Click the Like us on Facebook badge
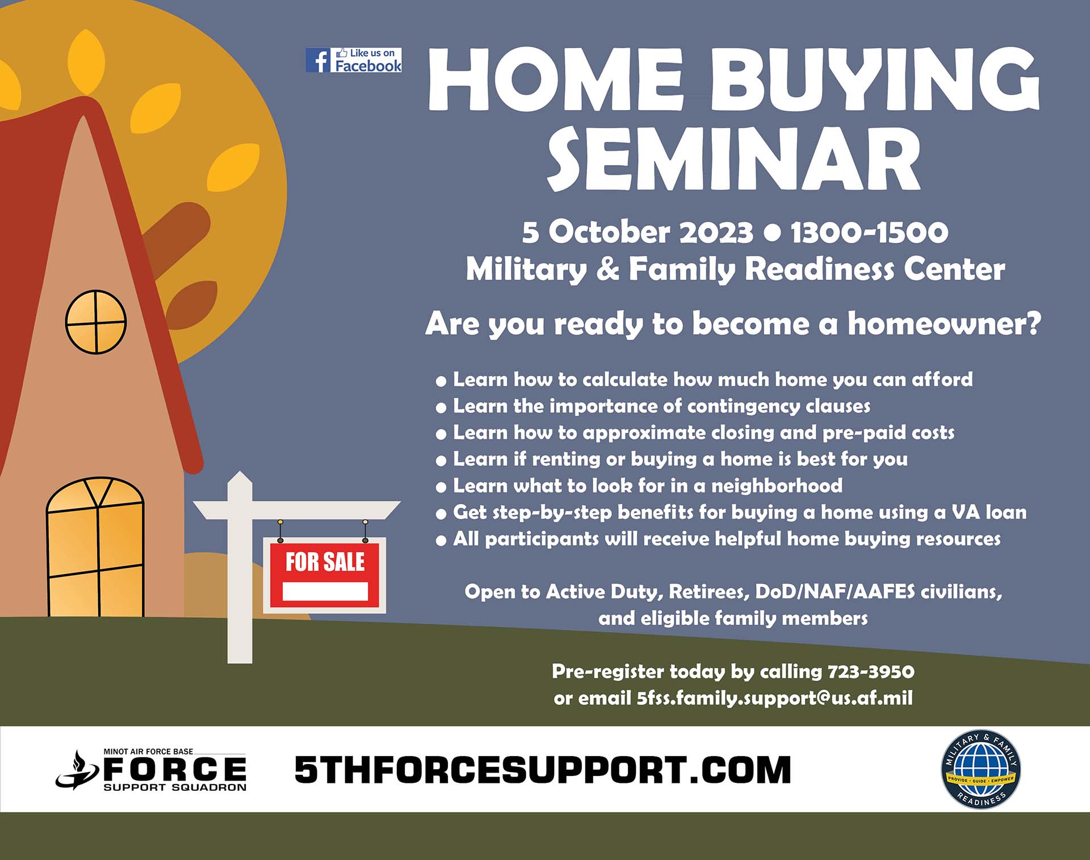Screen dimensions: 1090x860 pos(354,60)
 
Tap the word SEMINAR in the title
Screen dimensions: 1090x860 pos(733,159)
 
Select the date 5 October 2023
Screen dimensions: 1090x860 pos(638,232)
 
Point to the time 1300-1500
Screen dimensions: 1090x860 pos(869,232)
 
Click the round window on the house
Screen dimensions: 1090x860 pos(96,322)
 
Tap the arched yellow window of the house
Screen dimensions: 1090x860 pos(95,547)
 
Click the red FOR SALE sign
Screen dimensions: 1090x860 pos(325,575)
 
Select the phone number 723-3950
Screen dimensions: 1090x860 pos(871,672)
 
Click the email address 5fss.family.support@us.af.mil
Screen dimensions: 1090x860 pos(774,698)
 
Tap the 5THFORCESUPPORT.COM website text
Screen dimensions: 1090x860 pos(543,770)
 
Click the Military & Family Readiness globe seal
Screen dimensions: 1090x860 pos(980,769)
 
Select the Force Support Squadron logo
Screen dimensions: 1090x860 pos(151,770)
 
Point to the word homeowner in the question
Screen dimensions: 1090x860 pos(945,323)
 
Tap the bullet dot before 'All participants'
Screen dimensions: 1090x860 pos(441,541)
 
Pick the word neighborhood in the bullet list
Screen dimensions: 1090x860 pos(777,486)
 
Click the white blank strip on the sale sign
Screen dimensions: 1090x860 pos(325,592)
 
